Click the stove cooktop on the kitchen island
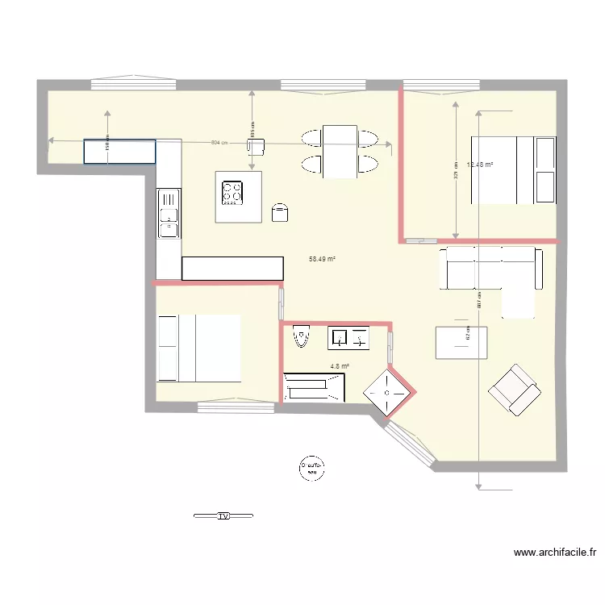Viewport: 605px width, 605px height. pos(232,192)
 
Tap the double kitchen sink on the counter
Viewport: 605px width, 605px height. pos(169,214)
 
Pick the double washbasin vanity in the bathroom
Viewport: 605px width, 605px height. pos(348,337)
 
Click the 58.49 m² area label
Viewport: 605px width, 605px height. pos(322,260)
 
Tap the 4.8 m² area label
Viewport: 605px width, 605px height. pos(340,366)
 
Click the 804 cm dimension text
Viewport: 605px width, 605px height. pos(219,143)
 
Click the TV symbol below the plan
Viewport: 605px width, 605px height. pos(223,515)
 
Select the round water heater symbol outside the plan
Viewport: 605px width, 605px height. pos(311,467)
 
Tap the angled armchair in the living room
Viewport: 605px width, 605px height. pos(514,390)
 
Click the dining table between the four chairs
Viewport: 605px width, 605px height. pos(339,151)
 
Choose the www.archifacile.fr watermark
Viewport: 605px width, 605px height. pos(555,553)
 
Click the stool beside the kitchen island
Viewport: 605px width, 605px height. pos(281,211)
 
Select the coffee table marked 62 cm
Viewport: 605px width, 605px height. pos(461,342)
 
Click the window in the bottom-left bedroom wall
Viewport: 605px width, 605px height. pos(236,407)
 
